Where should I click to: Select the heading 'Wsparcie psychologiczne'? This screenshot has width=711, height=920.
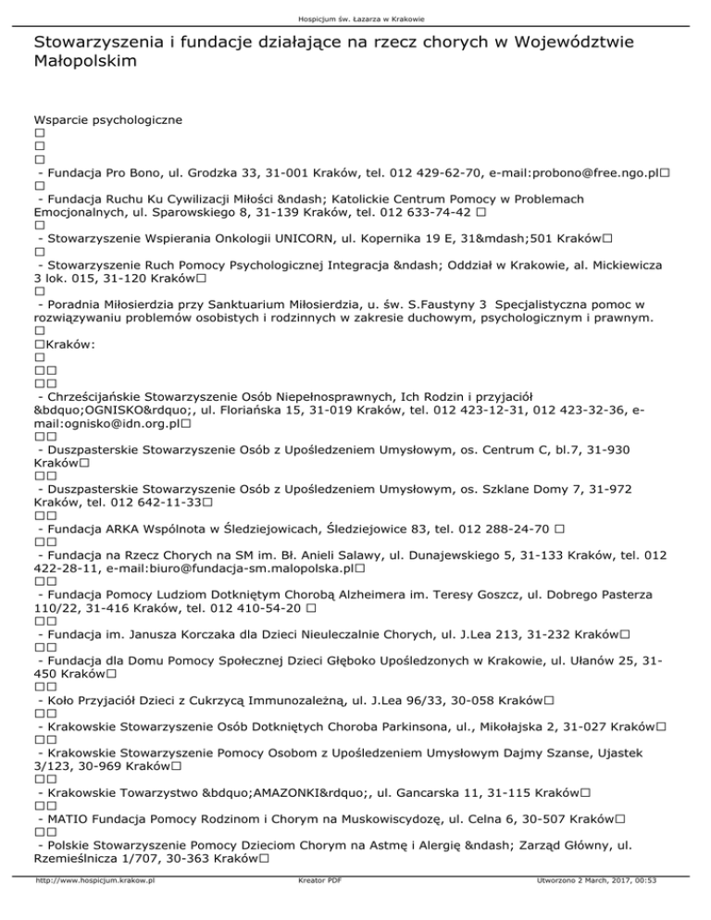point(107,119)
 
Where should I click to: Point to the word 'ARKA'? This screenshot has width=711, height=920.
point(121,529)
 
